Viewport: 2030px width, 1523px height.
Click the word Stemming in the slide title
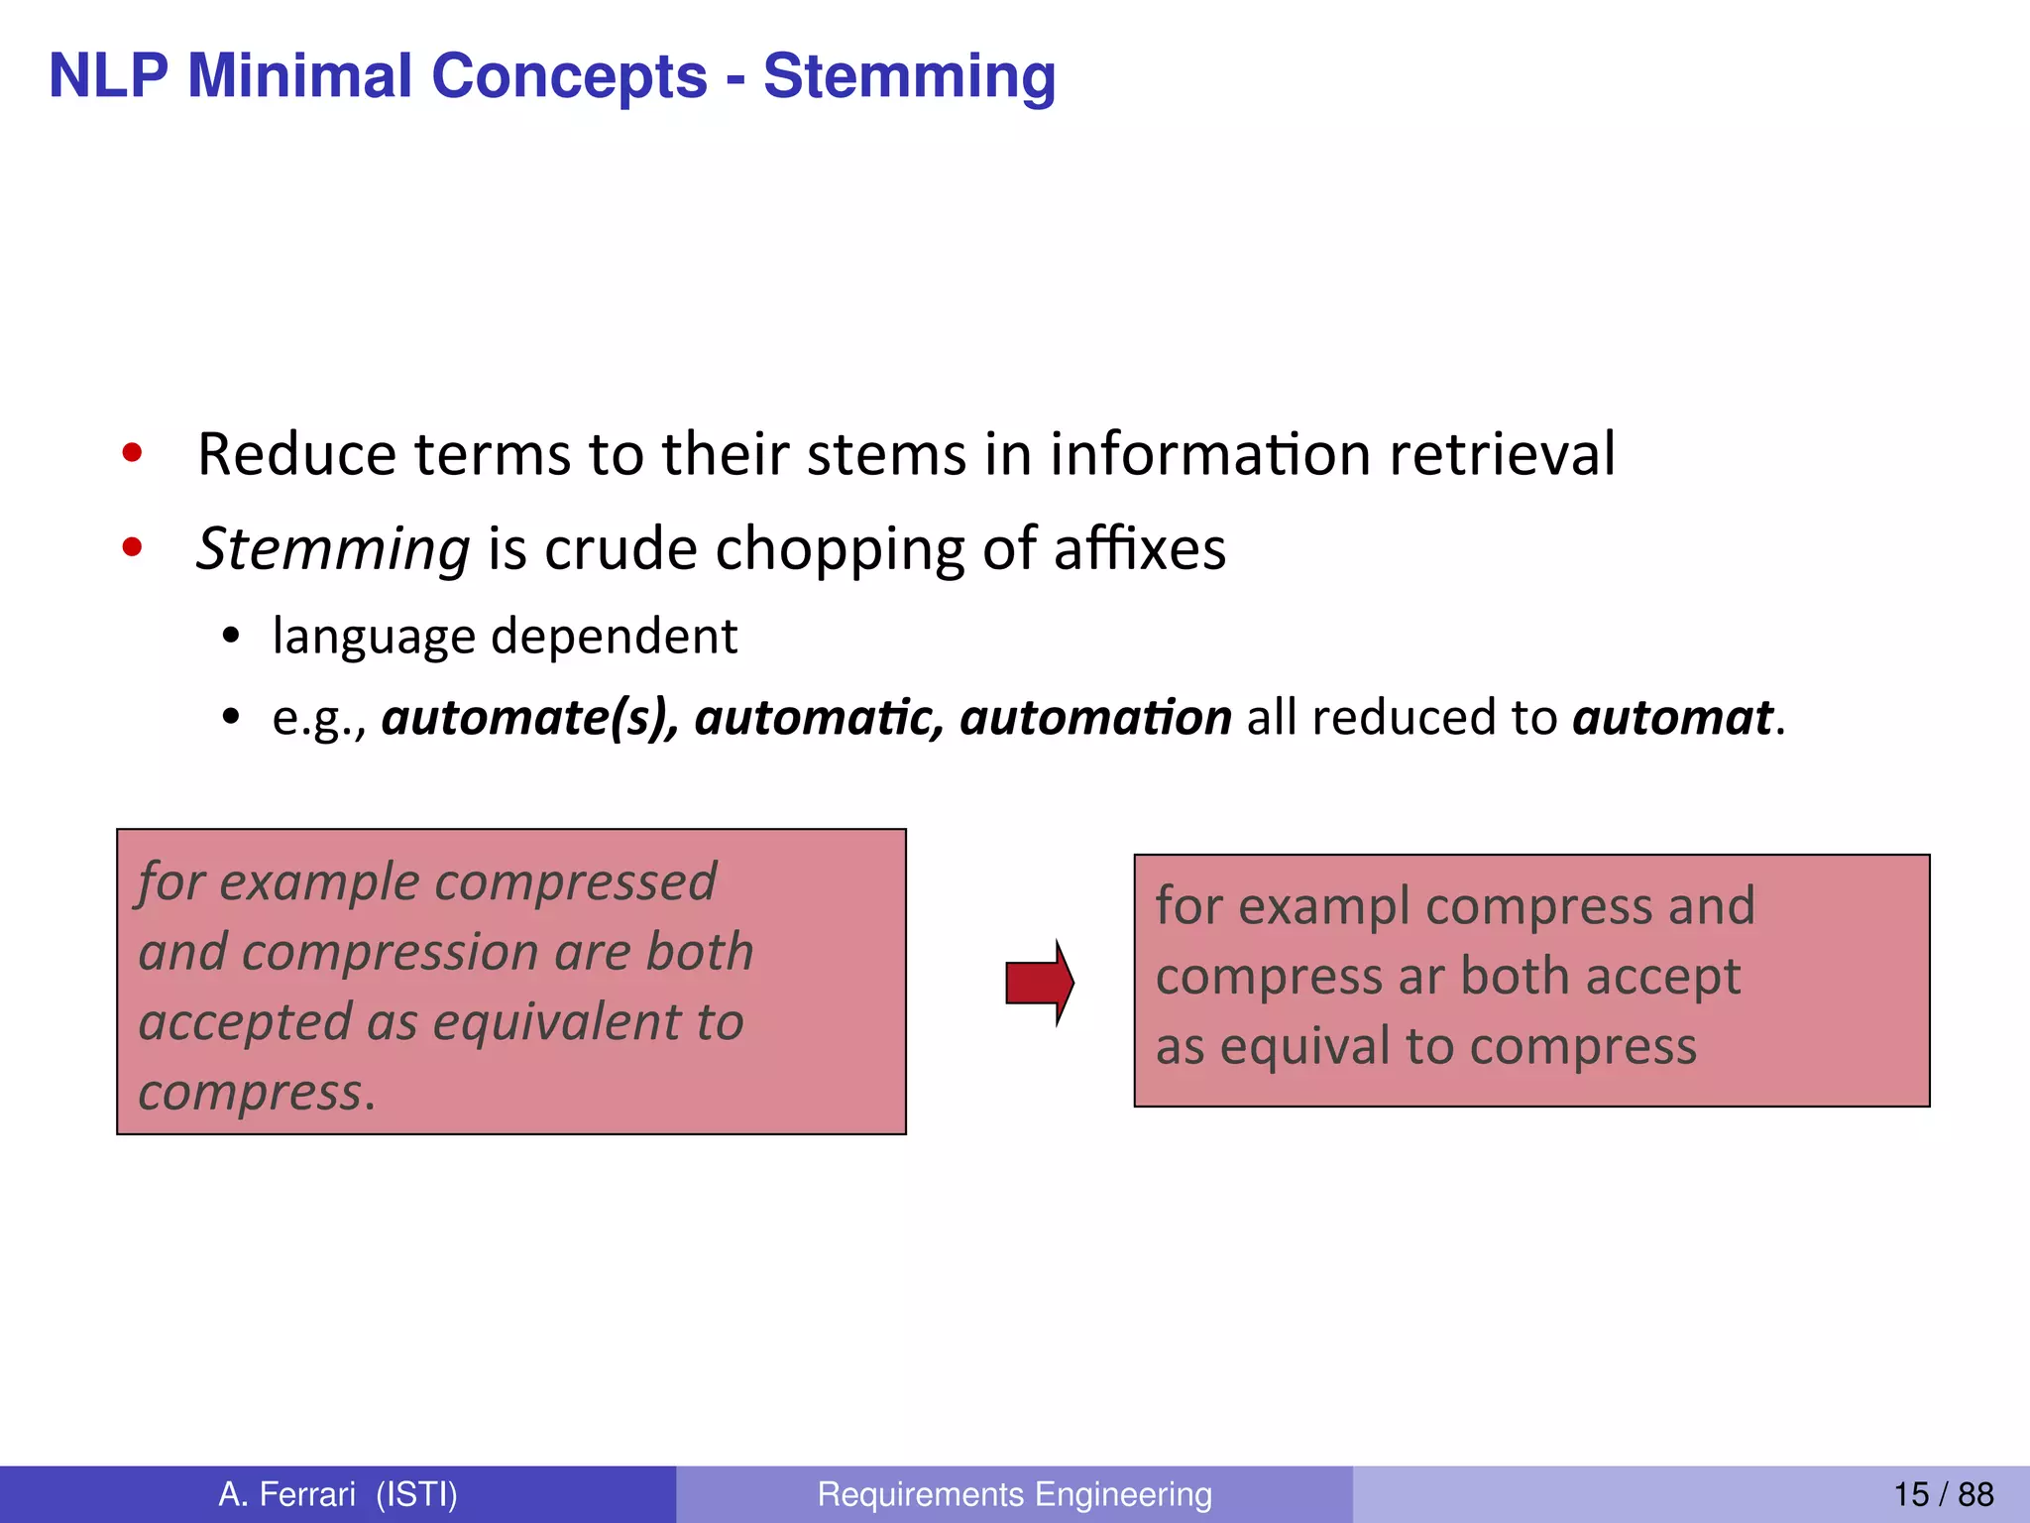[x=909, y=77]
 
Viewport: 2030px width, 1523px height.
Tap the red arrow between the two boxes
[x=1039, y=983]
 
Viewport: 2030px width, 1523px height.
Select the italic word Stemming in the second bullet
[x=333, y=548]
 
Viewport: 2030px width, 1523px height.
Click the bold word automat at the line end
[x=1672, y=717]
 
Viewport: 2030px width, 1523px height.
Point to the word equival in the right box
[x=1305, y=1046]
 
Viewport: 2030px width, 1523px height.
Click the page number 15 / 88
[x=1943, y=1493]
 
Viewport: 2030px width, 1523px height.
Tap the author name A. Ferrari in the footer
[x=287, y=1493]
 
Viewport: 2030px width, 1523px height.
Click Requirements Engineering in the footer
[x=1014, y=1493]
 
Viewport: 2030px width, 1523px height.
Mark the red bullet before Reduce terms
[x=132, y=454]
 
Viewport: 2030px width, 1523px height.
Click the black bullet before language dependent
[x=231, y=637]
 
